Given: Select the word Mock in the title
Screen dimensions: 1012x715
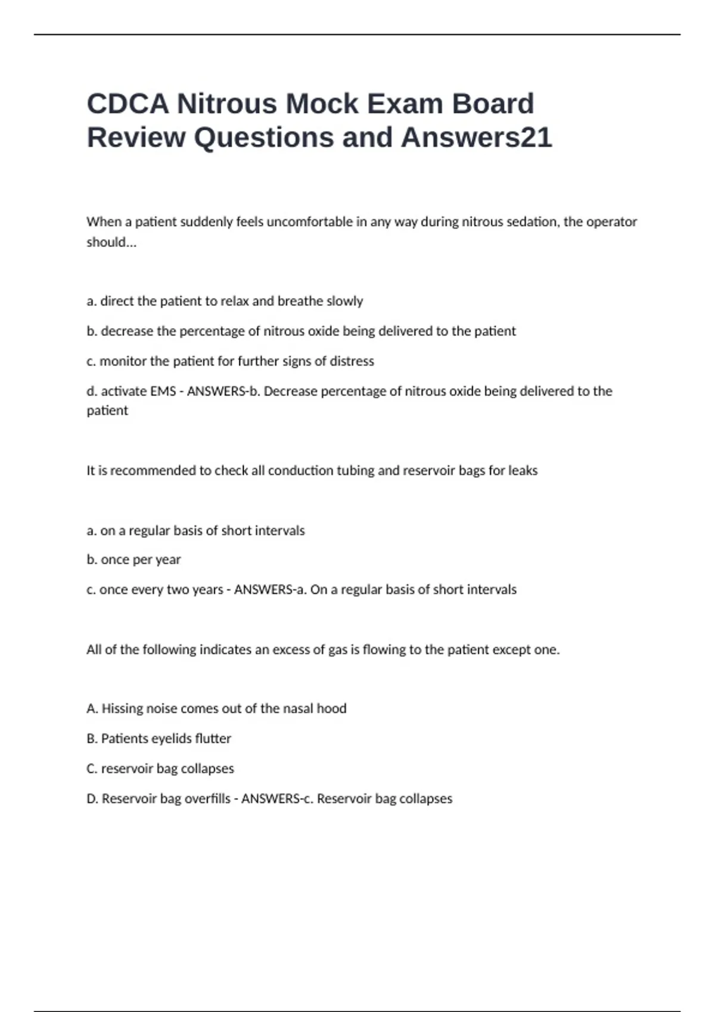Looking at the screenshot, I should tap(321, 104).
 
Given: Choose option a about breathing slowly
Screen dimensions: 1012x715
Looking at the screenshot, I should tap(225, 301).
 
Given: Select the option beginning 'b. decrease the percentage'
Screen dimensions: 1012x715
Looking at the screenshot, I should tap(301, 331).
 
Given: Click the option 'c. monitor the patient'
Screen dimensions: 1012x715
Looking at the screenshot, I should tap(230, 361).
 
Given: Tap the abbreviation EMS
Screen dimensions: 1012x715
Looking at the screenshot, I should tap(163, 391).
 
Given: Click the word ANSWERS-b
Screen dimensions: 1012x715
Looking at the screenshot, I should tap(224, 391).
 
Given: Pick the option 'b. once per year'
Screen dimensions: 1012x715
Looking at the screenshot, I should tap(133, 560).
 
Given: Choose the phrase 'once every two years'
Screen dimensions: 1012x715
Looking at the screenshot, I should tap(161, 589).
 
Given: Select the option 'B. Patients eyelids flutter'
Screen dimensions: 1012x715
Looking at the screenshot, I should tap(158, 739).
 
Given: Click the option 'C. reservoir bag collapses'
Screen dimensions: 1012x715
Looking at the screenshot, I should tap(160, 769).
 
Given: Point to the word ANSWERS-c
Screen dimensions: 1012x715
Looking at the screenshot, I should tap(277, 799).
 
